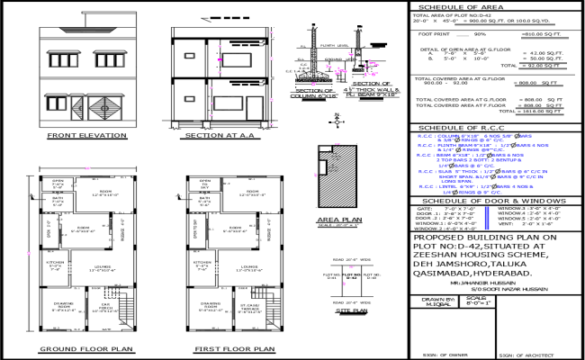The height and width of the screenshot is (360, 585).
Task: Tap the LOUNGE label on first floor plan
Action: coord(249,266)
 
